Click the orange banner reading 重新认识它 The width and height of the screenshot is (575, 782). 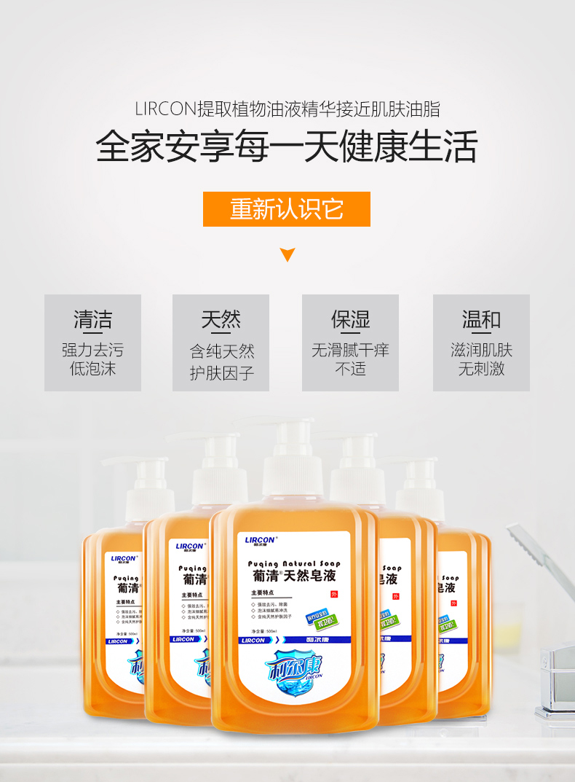(x=287, y=209)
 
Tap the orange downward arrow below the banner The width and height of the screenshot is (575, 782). (x=287, y=254)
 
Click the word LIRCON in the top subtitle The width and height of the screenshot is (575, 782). (x=166, y=109)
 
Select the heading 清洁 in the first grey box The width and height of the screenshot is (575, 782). (x=92, y=319)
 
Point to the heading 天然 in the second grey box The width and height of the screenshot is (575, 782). (x=221, y=319)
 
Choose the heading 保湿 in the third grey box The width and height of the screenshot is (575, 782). (x=350, y=319)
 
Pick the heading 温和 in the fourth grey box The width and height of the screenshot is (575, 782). (x=481, y=319)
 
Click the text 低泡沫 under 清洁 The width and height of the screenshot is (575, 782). (x=92, y=369)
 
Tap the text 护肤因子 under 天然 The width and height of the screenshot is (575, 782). (x=221, y=374)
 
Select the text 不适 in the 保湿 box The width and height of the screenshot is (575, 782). (x=350, y=369)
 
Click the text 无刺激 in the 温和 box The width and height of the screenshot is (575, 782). (x=481, y=369)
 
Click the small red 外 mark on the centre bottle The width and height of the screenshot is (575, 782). (x=334, y=594)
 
